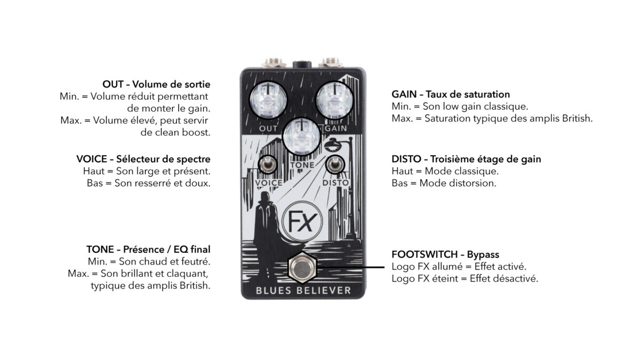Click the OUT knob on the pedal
coord(268,100)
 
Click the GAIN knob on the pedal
coord(334,100)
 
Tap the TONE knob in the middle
coord(301,137)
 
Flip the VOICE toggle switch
coord(268,164)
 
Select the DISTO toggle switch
coord(335,164)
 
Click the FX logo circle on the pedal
coord(302,221)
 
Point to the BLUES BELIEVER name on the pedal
coord(303,291)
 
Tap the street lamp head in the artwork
coord(333,145)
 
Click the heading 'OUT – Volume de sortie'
coord(156,84)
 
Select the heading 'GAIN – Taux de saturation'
coord(451,94)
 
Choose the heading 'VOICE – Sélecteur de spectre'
coord(143,159)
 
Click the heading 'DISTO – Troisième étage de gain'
coord(466,159)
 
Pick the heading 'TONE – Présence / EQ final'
coord(148,250)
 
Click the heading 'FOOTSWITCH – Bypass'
coord(445,254)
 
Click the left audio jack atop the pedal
coord(274,62)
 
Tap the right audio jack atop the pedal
coord(330,62)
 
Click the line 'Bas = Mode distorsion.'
coord(444,183)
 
